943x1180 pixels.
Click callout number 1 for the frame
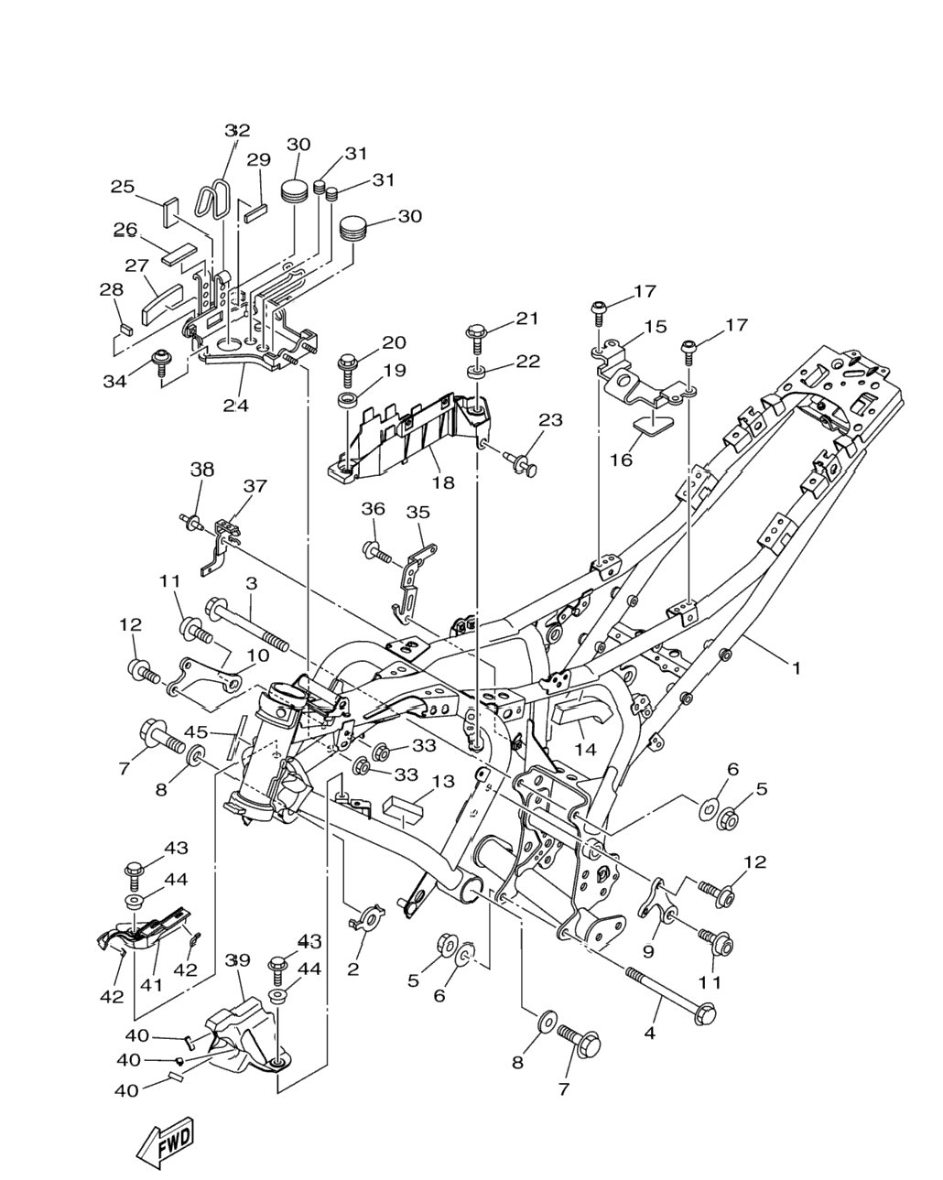pos(796,668)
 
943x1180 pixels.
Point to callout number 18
pos(443,482)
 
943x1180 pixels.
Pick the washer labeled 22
pos(476,374)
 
